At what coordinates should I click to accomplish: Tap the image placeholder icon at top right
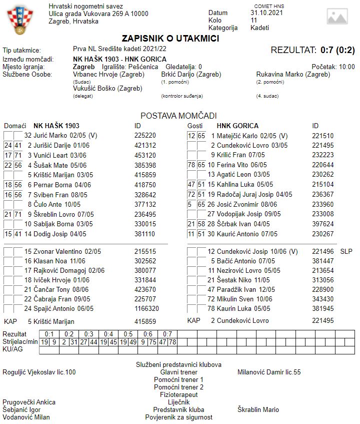[337, 17]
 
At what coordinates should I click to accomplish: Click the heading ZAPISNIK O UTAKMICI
[170, 39]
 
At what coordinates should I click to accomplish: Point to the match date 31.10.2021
[266, 13]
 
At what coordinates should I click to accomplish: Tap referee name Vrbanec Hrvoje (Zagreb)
[108, 75]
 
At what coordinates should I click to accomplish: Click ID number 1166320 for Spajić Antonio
[146, 308]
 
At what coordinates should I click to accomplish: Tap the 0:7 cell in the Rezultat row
[167, 334]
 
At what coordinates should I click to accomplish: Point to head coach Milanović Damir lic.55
[269, 372]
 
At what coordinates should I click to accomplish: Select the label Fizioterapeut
[178, 394]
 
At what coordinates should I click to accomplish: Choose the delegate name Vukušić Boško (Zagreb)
[107, 89]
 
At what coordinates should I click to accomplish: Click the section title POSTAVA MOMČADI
[178, 116]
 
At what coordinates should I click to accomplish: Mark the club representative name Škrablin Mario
[258, 409]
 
